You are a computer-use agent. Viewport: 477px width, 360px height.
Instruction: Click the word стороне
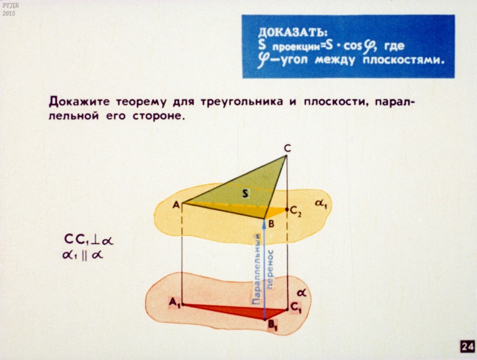point(159,116)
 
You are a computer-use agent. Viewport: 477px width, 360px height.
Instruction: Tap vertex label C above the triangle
point(287,149)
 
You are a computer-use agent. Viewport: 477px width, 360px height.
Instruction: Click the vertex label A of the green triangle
point(176,205)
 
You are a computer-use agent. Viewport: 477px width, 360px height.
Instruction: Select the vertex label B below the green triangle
point(271,224)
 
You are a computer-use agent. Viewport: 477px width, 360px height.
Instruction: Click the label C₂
point(295,211)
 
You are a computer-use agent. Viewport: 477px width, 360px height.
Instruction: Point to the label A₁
point(175,302)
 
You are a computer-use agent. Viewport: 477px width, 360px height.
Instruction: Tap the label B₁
point(273,326)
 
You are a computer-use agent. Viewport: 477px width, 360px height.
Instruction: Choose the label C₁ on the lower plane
point(295,308)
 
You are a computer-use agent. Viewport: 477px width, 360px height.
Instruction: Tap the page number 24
point(468,346)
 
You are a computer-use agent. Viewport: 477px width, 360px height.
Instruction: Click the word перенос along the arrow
point(270,269)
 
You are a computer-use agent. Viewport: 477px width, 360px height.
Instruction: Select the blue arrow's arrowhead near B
point(264,222)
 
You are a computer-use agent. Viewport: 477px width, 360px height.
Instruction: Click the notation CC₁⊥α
point(89,240)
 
